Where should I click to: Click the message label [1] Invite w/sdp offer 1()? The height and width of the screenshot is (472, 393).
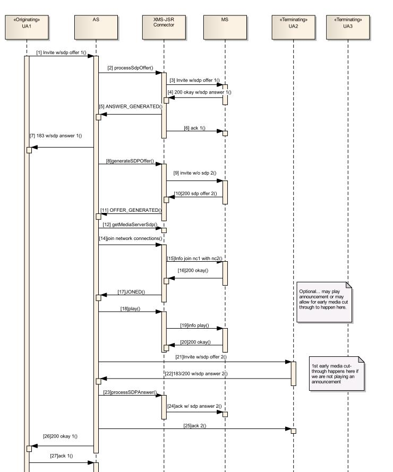pos(61,52)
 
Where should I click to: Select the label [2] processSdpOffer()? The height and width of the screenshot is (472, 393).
pos(130,68)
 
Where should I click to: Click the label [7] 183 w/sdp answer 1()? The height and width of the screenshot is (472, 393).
pos(56,136)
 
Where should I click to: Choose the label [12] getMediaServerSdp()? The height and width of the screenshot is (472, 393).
pos(130,225)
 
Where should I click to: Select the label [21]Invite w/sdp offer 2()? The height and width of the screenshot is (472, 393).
pos(201,357)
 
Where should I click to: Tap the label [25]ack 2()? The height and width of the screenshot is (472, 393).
pos(195,425)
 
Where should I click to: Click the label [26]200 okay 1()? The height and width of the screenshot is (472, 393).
pos(61,436)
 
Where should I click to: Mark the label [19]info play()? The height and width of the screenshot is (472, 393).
pos(194,325)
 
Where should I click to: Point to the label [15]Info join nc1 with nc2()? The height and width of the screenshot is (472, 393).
pos(194,258)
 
